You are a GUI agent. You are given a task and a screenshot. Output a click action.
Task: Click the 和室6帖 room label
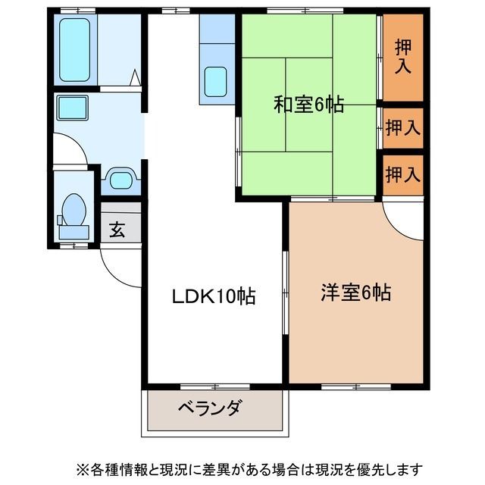(x=308, y=105)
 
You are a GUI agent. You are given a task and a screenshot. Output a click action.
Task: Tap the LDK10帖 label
(x=212, y=296)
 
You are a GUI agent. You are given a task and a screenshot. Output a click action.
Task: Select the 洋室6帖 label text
(x=355, y=293)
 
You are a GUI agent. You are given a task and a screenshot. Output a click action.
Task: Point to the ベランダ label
(x=210, y=408)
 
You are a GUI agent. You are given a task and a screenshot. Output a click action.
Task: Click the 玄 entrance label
(x=117, y=230)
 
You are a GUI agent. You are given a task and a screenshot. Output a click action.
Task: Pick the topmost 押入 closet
(x=402, y=56)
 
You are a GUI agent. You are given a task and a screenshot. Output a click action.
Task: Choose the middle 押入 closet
(x=402, y=127)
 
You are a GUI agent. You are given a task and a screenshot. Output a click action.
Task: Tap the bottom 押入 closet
(x=402, y=175)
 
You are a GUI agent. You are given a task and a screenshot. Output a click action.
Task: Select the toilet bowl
(x=74, y=208)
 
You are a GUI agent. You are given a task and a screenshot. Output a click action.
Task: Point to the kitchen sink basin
(x=216, y=82)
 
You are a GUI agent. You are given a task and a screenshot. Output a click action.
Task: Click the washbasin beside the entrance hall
(x=120, y=179)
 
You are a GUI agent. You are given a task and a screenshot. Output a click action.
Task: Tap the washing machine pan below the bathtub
(x=71, y=108)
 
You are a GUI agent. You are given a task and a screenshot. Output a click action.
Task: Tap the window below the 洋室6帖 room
(x=355, y=386)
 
